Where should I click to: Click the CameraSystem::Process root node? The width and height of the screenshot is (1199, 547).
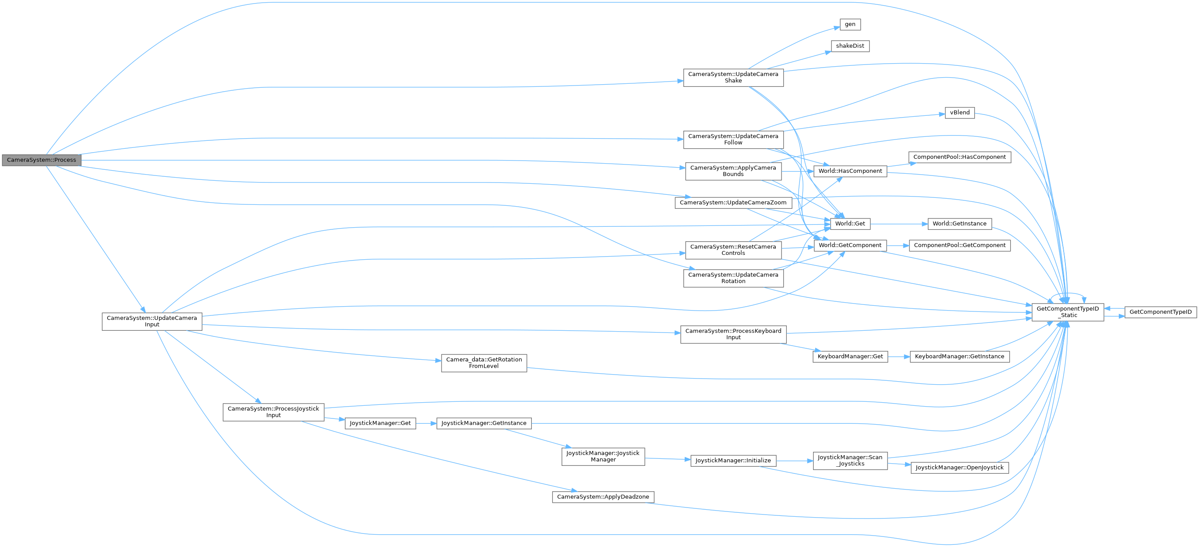[42, 160]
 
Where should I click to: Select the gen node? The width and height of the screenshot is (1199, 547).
[850, 24]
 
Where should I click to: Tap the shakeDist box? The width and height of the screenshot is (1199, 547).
[850, 46]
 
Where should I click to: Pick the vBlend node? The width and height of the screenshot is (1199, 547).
[960, 112]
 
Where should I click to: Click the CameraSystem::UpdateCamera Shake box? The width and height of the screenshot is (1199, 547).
[733, 77]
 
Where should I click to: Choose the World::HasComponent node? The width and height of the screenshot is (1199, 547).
[850, 171]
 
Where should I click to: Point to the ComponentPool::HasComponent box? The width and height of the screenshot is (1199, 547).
[959, 157]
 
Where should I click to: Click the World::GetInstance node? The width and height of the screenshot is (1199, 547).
[959, 224]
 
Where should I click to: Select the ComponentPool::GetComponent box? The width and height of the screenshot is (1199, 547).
[959, 245]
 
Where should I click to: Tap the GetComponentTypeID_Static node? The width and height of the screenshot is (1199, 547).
[1067, 312]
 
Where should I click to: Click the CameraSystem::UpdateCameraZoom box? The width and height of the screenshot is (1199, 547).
[733, 203]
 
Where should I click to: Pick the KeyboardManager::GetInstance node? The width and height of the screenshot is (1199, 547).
[959, 357]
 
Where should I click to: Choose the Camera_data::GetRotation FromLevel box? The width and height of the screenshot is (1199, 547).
[484, 362]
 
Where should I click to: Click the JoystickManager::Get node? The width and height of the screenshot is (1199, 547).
[380, 423]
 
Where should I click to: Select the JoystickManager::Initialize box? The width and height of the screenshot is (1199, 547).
[733, 460]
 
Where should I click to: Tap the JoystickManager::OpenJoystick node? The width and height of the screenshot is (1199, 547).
[959, 467]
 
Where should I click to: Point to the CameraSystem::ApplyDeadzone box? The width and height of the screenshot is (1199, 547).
[603, 497]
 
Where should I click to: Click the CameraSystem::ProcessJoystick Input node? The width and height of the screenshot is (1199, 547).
[273, 412]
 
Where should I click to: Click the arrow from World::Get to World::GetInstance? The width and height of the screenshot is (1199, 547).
[898, 224]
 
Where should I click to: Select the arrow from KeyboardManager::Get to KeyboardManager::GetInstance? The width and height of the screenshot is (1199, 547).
[898, 357]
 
